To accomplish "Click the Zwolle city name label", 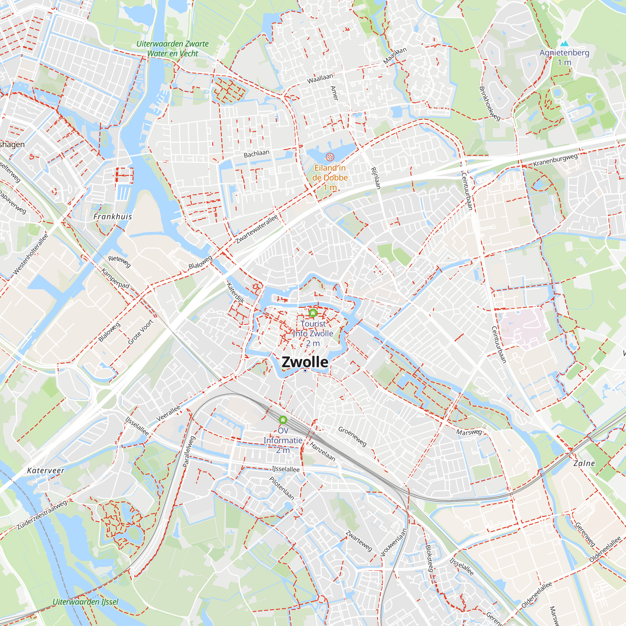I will click(305, 362).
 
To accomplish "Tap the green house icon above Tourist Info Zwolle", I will click(313, 313).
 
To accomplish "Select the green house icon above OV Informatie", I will click(283, 420).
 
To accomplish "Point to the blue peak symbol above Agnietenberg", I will click(564, 44).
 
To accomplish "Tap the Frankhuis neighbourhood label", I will click(113, 217).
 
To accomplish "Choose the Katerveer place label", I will click(46, 470).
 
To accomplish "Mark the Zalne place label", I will click(584, 463).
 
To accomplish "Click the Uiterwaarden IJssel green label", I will click(85, 602).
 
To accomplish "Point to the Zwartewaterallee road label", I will click(257, 229).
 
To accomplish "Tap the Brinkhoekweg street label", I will click(490, 103).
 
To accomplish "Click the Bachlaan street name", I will click(256, 154).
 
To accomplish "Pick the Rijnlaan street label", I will click(376, 178).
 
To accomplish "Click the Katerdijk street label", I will click(235, 293).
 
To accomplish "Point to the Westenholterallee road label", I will click(31, 254).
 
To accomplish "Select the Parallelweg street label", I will click(189, 451).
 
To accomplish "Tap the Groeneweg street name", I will click(352, 436).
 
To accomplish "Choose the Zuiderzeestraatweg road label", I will click(42, 515).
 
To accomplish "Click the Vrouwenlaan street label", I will click(393, 542).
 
